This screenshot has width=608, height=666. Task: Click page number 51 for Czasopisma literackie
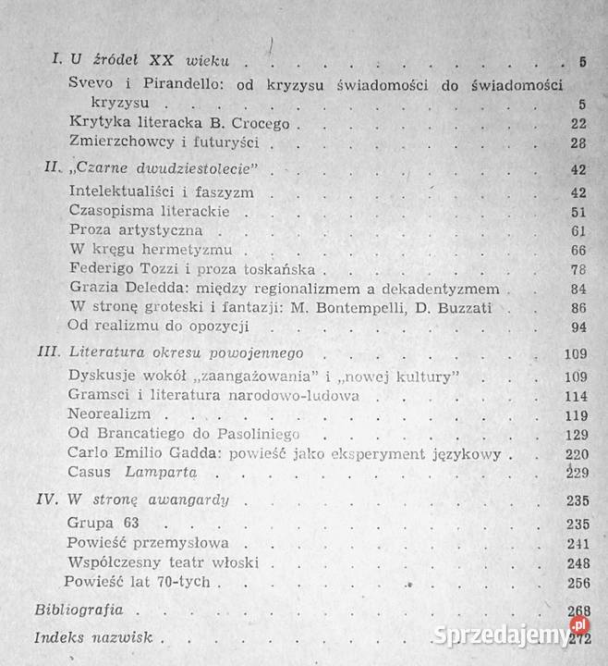(x=578, y=212)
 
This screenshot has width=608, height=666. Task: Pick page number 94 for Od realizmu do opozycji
(x=578, y=327)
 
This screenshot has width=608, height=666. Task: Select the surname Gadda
(x=209, y=453)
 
